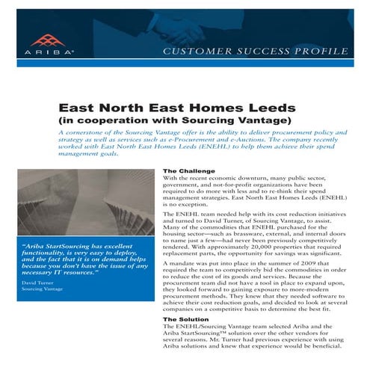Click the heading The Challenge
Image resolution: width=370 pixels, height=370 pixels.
(x=188, y=170)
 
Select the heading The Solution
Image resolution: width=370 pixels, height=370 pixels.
(x=186, y=319)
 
